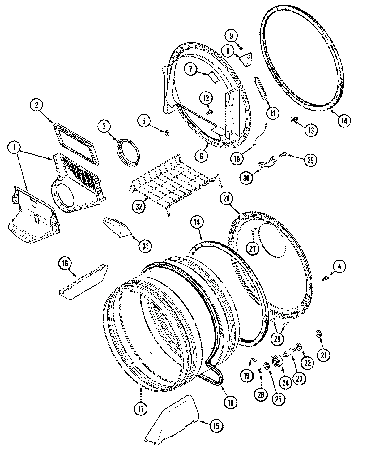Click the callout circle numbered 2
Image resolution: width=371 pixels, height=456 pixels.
[x=36, y=105]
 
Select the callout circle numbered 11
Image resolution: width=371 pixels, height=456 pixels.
[x=272, y=113]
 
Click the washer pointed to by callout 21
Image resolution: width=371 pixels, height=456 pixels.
[x=318, y=333]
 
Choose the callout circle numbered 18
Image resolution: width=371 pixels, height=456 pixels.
[x=231, y=402]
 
